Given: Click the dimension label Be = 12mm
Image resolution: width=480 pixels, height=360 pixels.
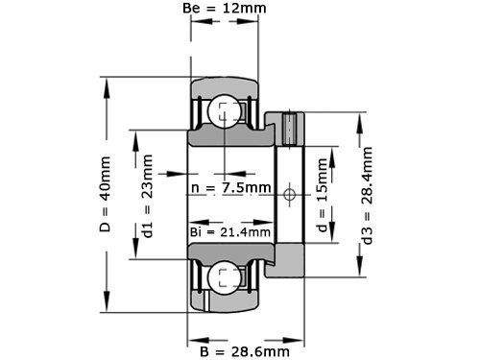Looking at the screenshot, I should (x=225, y=9).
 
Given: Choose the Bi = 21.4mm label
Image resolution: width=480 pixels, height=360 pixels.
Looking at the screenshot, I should (x=229, y=231).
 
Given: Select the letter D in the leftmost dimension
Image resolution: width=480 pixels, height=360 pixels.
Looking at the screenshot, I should (x=107, y=230).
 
